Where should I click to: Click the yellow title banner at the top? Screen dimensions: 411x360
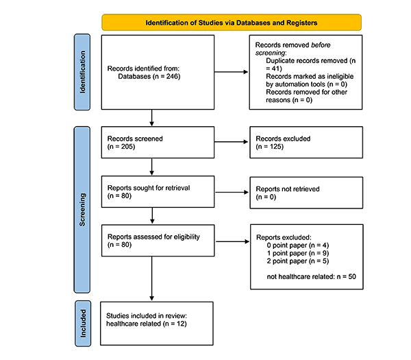point(232,23)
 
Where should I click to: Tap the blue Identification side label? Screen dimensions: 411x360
point(82,72)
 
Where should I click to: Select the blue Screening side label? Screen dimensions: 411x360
point(82,210)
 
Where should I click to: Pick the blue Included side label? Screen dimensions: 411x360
point(83,324)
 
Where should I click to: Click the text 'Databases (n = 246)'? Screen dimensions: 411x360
point(149,76)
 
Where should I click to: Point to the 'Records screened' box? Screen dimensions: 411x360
point(158,143)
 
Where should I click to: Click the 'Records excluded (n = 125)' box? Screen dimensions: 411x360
point(306,143)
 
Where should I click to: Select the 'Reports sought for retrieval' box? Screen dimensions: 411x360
point(158,192)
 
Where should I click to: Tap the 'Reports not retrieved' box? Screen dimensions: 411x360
point(306,193)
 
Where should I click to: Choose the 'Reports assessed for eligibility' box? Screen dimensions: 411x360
point(158,241)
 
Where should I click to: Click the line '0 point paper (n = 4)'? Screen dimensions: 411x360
point(298,245)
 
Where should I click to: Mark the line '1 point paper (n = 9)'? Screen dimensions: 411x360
point(298,253)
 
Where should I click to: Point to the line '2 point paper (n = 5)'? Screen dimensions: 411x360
point(298,261)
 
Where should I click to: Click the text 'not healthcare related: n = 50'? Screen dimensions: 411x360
point(312,276)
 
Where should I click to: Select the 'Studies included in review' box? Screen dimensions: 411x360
point(157,324)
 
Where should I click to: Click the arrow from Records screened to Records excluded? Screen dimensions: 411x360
point(232,142)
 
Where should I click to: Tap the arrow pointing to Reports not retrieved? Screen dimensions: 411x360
point(232,192)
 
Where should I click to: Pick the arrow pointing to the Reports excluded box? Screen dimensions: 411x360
point(232,241)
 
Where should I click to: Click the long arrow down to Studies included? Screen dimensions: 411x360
point(152,278)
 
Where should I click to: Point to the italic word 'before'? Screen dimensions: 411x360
point(321,45)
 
